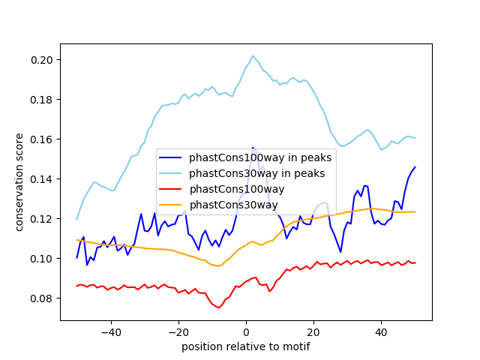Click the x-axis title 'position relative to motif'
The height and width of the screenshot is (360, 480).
245,346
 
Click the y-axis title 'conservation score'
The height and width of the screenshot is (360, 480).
19,182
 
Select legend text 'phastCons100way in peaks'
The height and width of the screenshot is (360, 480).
259,157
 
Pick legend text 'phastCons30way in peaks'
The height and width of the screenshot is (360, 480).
256,173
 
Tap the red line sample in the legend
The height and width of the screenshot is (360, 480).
172,189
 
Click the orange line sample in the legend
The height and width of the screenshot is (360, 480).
172,205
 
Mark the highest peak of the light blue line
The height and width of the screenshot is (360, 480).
253,55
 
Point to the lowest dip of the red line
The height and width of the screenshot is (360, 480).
218,307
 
